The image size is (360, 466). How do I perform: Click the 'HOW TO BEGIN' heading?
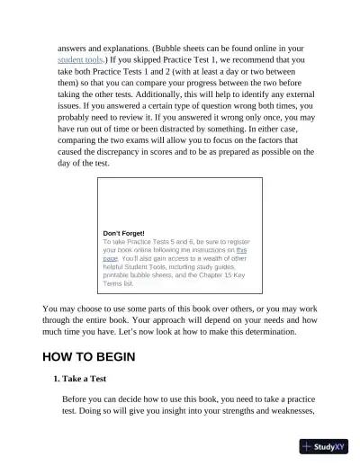pyautogui.click(x=88, y=356)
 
